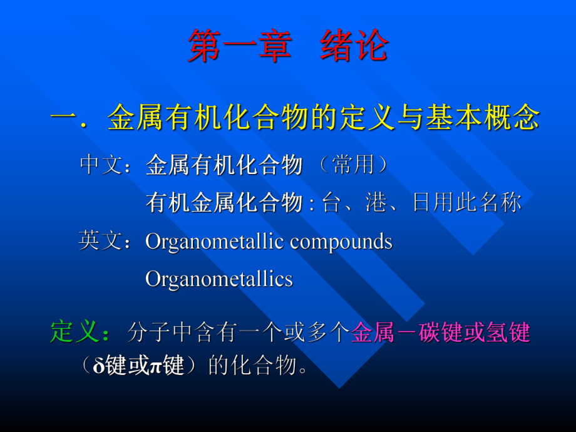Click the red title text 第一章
coord(239,47)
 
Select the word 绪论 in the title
coord(354,47)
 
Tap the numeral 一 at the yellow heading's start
coord(64,118)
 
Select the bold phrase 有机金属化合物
coord(224,202)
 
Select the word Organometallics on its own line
coord(219,279)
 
